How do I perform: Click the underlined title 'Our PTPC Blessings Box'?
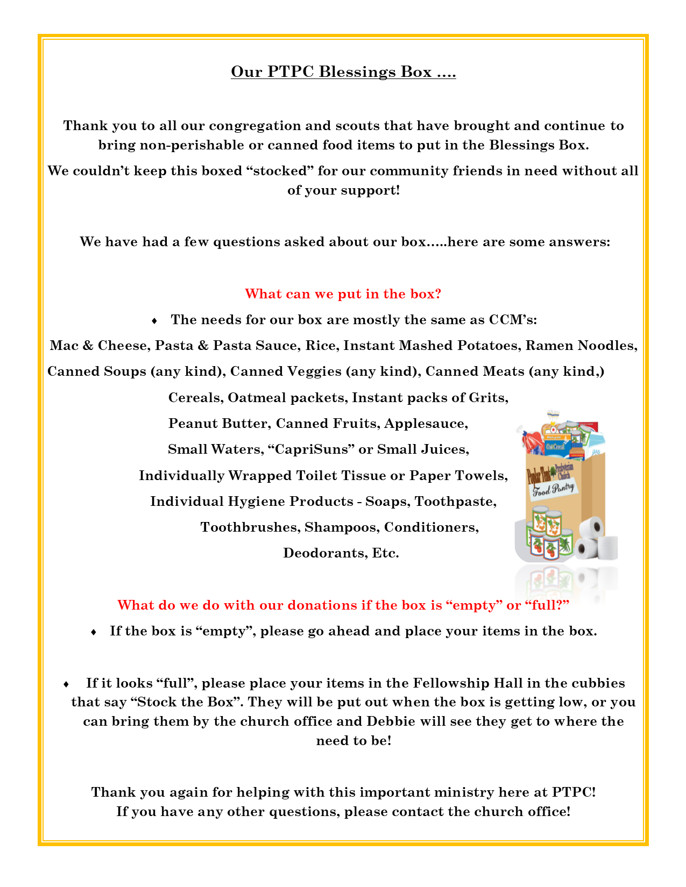(x=343, y=71)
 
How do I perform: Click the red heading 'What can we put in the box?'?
(x=343, y=294)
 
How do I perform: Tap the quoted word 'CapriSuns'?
(x=310, y=449)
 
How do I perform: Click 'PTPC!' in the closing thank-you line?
(x=574, y=792)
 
